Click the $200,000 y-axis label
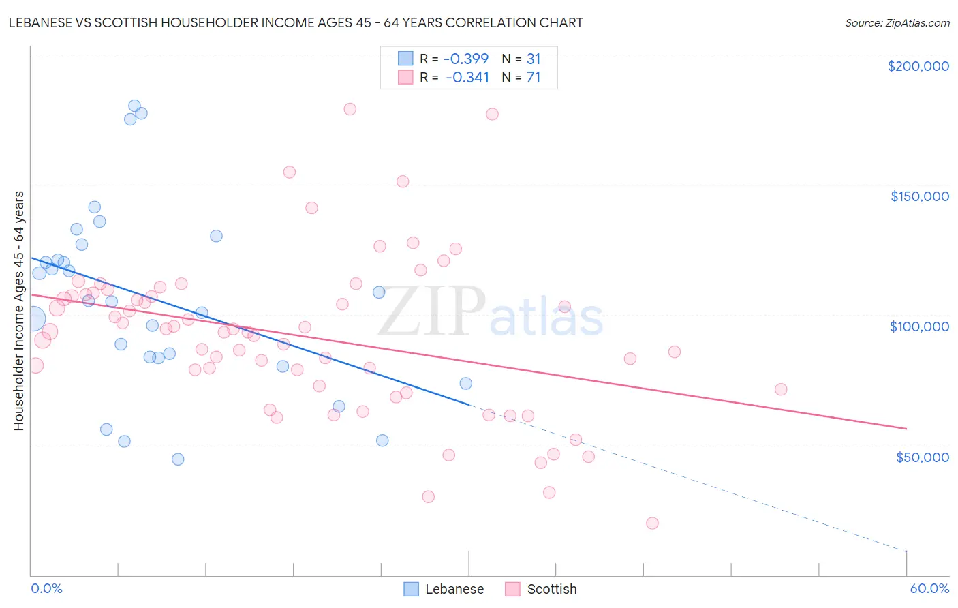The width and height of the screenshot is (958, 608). tap(918, 66)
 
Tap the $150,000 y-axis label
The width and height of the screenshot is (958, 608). tap(919, 196)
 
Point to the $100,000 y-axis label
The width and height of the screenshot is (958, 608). tap(919, 326)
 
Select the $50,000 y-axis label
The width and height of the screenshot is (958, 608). tap(922, 457)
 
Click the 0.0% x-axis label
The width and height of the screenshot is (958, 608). tap(46, 588)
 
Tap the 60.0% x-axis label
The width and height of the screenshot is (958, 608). tap(929, 588)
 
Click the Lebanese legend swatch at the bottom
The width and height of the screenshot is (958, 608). tap(411, 589)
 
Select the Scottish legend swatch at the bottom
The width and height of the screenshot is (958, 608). tap(512, 589)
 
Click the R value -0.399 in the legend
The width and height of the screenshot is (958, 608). tap(466, 59)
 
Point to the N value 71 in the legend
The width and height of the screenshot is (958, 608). tap(533, 78)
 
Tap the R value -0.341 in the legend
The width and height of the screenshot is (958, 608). tap(467, 78)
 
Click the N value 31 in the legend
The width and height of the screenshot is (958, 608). tap(533, 59)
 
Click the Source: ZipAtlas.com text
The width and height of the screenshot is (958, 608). tap(897, 22)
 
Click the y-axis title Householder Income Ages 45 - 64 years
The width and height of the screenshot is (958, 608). tap(18, 311)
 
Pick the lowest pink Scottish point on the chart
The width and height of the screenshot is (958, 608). tap(652, 523)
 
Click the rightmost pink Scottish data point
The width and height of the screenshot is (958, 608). tap(781, 389)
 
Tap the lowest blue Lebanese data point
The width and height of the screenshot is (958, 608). tap(178, 459)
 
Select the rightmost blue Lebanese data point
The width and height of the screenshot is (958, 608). tap(465, 383)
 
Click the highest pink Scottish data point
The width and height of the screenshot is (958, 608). tap(350, 109)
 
